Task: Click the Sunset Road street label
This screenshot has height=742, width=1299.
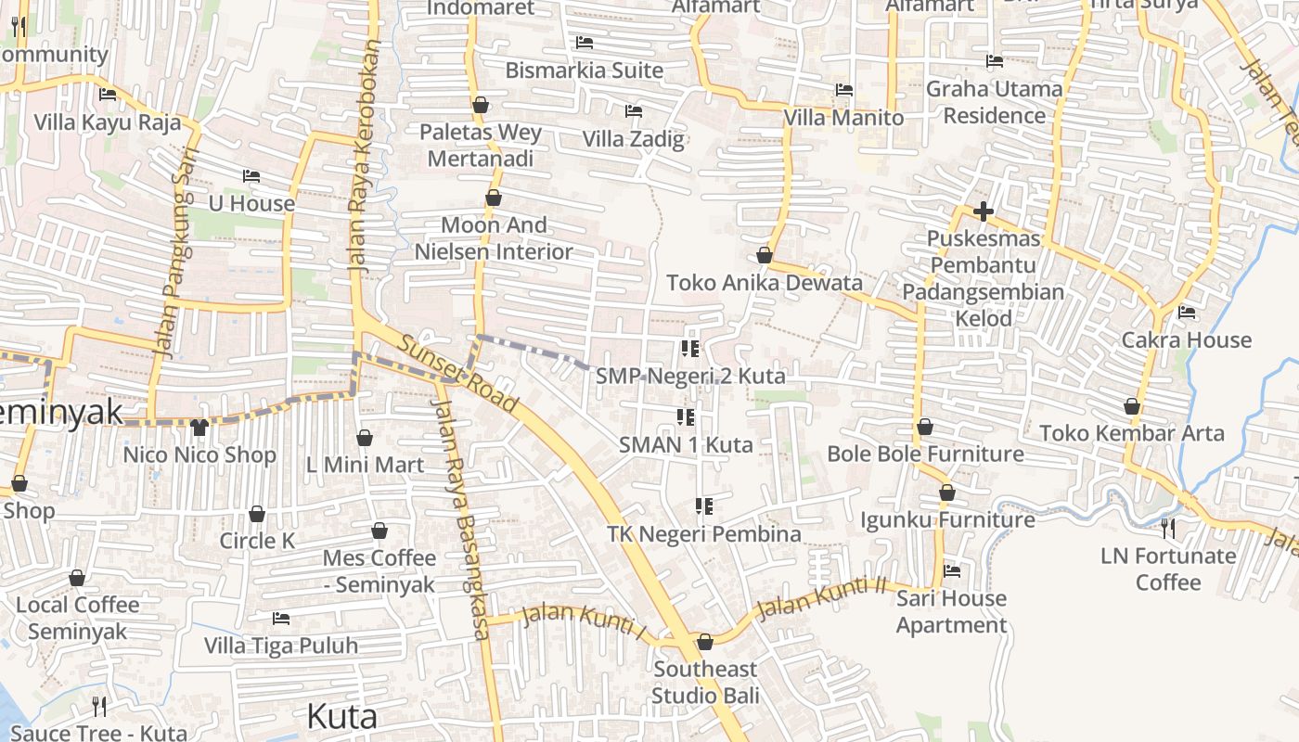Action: (457, 373)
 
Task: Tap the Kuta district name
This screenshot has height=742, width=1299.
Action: (341, 716)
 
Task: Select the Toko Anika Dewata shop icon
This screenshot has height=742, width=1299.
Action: (765, 255)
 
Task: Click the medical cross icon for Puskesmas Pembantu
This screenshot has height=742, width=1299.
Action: (984, 211)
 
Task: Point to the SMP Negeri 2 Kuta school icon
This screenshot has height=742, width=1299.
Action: (689, 349)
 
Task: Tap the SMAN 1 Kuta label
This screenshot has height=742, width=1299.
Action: (686, 444)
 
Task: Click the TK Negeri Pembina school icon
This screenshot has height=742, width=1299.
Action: (704, 506)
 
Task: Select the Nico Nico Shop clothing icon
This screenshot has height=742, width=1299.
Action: (199, 427)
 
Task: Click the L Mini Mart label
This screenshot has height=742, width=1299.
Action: (365, 465)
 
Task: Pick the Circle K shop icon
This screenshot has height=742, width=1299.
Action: (257, 514)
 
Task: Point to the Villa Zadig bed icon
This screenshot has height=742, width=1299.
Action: (634, 111)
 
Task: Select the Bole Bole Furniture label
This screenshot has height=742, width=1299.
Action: (925, 454)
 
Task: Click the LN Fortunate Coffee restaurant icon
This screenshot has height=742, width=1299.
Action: (1168, 529)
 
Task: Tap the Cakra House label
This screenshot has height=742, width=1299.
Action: (1186, 339)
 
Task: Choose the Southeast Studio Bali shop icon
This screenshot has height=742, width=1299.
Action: (705, 642)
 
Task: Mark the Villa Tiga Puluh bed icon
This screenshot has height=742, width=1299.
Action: (281, 618)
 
